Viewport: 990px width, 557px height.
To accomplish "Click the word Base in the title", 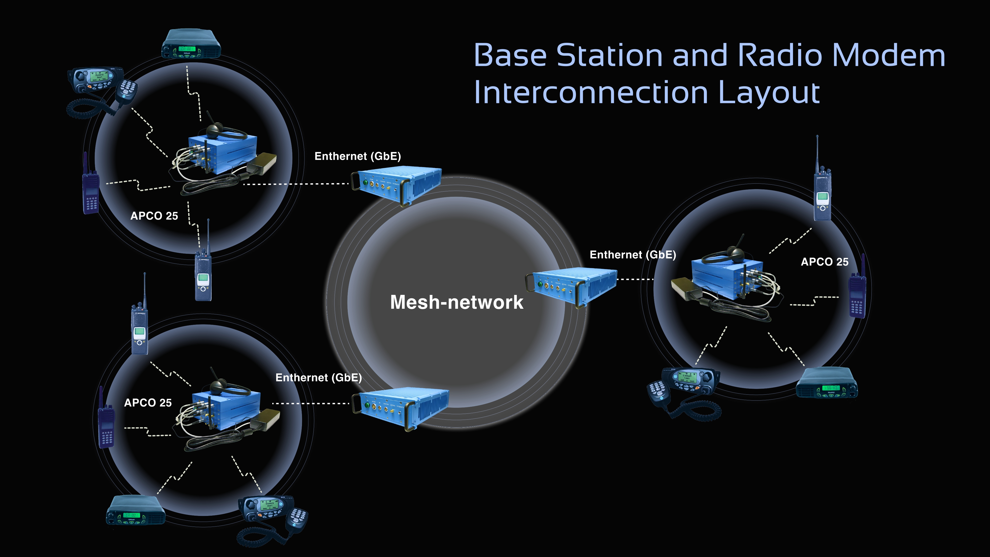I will point(510,55).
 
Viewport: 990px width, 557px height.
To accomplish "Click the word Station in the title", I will point(610,55).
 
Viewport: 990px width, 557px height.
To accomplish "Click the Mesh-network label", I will point(457,302).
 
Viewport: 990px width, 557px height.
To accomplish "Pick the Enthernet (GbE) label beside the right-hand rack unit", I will point(633,255).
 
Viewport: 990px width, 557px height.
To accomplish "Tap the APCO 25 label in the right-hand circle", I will point(824,262).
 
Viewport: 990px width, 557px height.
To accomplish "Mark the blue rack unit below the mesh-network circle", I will point(402,408).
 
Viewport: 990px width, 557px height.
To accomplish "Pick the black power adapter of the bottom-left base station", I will point(265,419).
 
